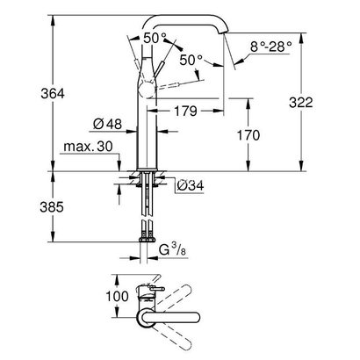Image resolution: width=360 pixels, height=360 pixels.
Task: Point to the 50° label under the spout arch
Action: pos(191,60)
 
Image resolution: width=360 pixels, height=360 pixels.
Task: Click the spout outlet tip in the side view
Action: pos(231,35)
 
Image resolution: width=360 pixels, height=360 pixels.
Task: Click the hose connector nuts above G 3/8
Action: pos(145,238)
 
